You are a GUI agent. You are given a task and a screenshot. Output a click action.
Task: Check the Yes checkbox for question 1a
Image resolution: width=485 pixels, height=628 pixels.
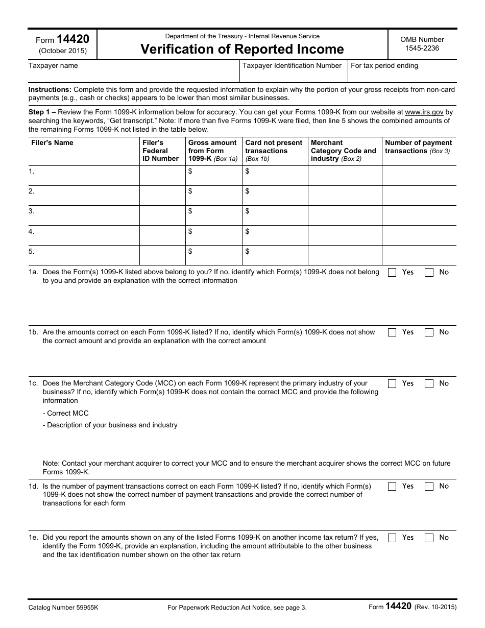click(392, 273)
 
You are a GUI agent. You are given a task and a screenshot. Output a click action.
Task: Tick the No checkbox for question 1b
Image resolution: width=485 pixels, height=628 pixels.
click(429, 332)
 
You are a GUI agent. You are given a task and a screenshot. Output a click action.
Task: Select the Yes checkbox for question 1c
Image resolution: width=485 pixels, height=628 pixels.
click(392, 384)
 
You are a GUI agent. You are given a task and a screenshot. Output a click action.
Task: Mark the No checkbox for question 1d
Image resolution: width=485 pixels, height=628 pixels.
click(429, 487)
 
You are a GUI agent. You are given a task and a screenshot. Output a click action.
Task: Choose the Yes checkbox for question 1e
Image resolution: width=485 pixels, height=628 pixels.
click(392, 538)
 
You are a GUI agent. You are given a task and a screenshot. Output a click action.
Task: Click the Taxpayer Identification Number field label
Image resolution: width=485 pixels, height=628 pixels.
click(292, 66)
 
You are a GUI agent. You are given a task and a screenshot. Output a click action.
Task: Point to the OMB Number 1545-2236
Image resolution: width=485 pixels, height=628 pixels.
click(422, 44)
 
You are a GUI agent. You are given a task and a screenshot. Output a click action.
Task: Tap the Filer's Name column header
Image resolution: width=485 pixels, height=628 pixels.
click(52, 143)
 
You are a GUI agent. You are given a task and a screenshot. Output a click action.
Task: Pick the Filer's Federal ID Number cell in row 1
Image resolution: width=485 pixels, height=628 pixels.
click(162, 176)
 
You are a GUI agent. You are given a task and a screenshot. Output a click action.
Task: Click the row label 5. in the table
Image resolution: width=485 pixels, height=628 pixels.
click(32, 252)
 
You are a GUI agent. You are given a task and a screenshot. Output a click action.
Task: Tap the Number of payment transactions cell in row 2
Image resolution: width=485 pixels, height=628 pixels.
click(419, 196)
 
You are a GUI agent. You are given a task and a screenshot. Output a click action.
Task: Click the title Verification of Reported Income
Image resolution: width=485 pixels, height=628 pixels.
click(242, 49)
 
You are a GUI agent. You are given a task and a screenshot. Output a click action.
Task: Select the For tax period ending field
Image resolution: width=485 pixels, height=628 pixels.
click(402, 71)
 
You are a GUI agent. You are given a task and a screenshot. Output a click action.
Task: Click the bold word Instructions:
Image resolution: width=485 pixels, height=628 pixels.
click(50, 89)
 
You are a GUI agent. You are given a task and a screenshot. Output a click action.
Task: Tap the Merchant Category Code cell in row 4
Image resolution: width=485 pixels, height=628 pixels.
click(345, 235)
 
